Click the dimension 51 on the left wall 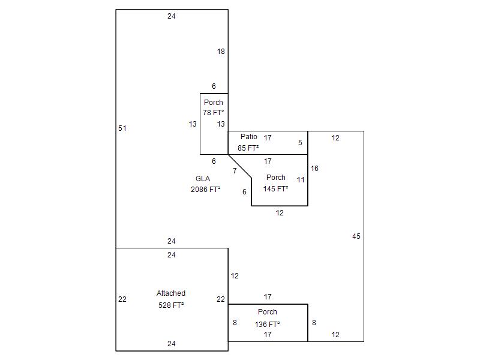click(x=122, y=128)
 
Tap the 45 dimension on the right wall click(x=356, y=236)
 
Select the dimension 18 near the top click(x=221, y=52)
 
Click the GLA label click(x=203, y=179)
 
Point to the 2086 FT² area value click(x=205, y=190)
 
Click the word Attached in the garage click(x=171, y=293)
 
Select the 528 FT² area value click(x=171, y=305)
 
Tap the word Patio click(x=249, y=137)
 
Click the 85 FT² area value click(x=248, y=148)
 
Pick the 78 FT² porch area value click(x=213, y=113)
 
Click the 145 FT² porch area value click(x=275, y=188)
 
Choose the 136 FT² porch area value click(x=268, y=324)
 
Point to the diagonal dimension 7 click(x=235, y=171)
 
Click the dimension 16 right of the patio click(x=314, y=169)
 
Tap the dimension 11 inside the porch click(x=301, y=179)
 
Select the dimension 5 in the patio click(x=300, y=143)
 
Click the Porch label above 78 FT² click(x=213, y=103)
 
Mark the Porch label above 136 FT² click(x=268, y=312)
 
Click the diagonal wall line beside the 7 click(x=240, y=166)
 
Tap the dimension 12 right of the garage click(x=235, y=276)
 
